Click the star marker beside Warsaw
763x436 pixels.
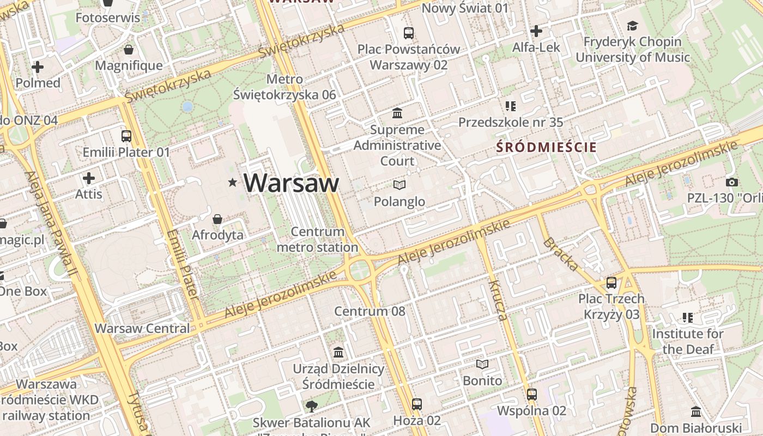click(233, 183)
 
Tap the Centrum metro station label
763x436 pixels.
click(317, 240)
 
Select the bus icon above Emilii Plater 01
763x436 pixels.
click(126, 136)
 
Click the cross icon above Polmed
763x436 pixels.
click(38, 67)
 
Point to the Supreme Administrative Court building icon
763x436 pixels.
click(398, 113)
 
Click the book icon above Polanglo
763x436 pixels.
click(399, 185)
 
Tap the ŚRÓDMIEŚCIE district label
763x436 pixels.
click(547, 147)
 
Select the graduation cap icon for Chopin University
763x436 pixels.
click(632, 26)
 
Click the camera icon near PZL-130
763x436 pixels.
click(732, 183)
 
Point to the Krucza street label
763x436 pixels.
click(498, 300)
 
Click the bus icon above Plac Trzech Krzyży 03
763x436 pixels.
click(611, 283)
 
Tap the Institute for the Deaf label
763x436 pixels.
click(688, 341)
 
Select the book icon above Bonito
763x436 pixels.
click(482, 364)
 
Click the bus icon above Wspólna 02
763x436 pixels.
click(532, 395)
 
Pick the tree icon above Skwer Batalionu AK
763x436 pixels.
click(311, 406)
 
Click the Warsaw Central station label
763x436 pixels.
click(142, 329)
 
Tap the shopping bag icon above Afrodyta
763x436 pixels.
click(217, 219)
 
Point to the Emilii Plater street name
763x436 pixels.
click(182, 264)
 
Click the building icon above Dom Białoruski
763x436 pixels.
click(696, 412)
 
